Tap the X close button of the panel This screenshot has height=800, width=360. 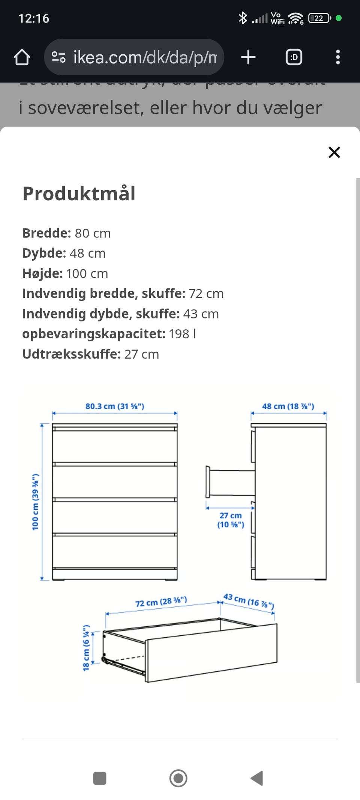click(x=334, y=152)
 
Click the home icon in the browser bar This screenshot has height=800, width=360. click(x=22, y=57)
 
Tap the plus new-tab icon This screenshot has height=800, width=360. click(x=248, y=57)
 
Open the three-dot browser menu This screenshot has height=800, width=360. click(x=337, y=57)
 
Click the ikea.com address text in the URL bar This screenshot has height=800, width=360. click(x=145, y=57)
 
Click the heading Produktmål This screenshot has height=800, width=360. click(x=79, y=194)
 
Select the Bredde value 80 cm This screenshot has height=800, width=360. click(x=93, y=233)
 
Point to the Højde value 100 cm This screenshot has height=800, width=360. click(x=87, y=274)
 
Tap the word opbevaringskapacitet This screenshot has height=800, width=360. click(x=94, y=334)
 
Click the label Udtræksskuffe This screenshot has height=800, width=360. click(x=71, y=354)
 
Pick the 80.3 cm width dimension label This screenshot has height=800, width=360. click(x=115, y=406)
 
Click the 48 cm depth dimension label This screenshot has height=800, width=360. click(x=288, y=406)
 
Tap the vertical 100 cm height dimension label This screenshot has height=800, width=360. click(x=35, y=502)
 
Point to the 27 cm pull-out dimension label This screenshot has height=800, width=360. click(x=231, y=520)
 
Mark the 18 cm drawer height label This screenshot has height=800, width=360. click(x=86, y=648)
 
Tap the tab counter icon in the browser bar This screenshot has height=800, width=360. click(x=294, y=57)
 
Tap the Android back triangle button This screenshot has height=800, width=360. click(x=257, y=778)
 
